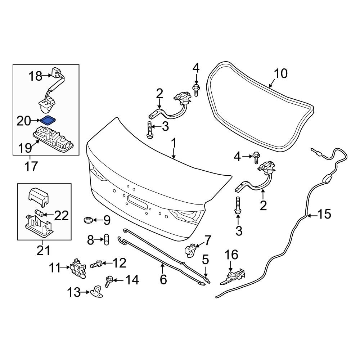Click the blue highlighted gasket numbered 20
click(x=47, y=120)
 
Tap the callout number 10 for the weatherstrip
click(x=281, y=74)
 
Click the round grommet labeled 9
click(x=87, y=219)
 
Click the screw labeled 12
click(x=95, y=265)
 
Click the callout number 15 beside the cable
click(x=323, y=215)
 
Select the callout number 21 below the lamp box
click(x=44, y=249)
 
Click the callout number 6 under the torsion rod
click(x=163, y=279)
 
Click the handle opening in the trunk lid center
click(x=137, y=202)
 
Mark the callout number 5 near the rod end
click(x=205, y=259)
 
